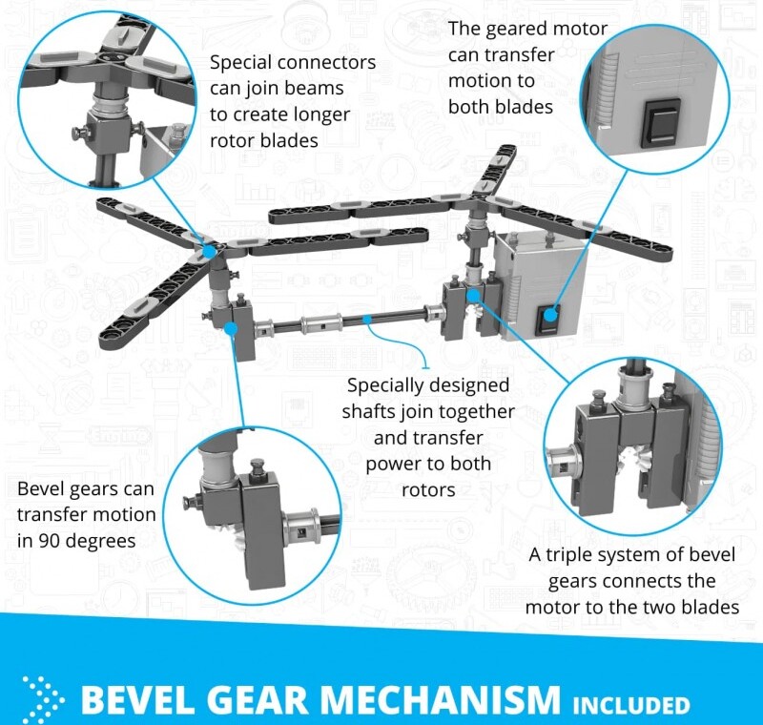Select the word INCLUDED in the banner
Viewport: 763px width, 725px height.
coord(631,706)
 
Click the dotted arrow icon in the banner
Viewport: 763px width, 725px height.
coord(43,700)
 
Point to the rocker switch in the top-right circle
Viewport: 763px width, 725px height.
coord(660,123)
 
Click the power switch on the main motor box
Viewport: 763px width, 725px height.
coord(548,319)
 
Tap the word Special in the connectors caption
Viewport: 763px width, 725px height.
coord(241,62)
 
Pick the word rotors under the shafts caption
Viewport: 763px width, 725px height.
coord(428,490)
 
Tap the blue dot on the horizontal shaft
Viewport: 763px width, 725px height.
coord(369,320)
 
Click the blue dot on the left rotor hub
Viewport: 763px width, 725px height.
coord(210,252)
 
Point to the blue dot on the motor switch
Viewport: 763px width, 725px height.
coord(550,316)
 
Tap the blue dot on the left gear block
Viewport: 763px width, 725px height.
coord(232,328)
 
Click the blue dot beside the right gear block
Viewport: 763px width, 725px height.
coord(472,296)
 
